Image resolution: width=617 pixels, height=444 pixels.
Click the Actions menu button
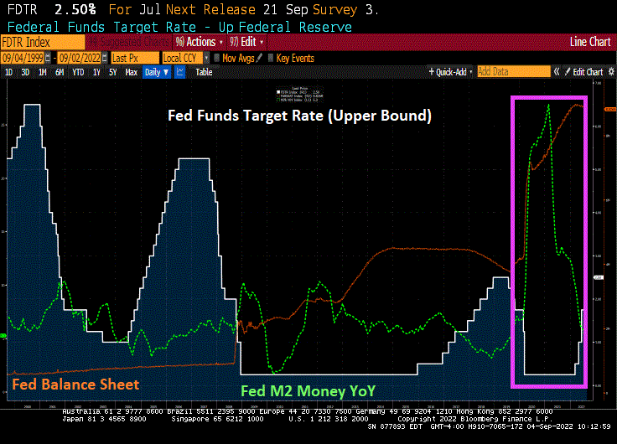click(200, 42)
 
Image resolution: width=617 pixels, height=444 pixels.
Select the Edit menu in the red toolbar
click(250, 42)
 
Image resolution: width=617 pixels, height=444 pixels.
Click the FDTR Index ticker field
click(30, 42)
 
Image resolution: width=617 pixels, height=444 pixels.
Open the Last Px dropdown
click(133, 58)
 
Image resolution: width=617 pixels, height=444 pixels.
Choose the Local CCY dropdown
click(184, 58)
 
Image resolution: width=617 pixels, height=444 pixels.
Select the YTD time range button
click(78, 72)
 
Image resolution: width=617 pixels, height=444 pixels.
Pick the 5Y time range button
click(113, 72)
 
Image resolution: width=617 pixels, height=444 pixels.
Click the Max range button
click(131, 72)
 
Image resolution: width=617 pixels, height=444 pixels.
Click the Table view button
click(204, 72)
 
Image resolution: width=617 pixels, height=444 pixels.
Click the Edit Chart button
click(587, 72)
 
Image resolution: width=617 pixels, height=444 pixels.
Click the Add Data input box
click(507, 72)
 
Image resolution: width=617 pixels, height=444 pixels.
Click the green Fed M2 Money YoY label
click(307, 390)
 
